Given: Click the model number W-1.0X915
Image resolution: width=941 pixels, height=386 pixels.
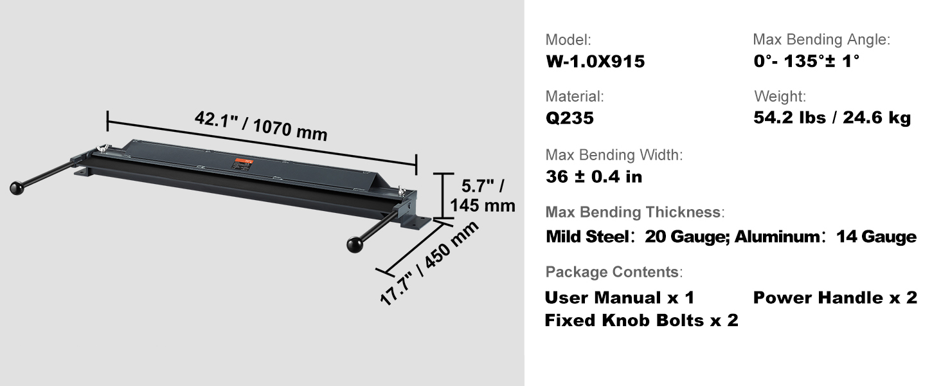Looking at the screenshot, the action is [595, 61].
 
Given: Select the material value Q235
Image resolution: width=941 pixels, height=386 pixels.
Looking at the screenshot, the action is [569, 118].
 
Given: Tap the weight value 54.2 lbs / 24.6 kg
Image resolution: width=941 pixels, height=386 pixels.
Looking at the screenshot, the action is [832, 118].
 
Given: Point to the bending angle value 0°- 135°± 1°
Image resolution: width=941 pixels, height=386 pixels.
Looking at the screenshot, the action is [806, 61].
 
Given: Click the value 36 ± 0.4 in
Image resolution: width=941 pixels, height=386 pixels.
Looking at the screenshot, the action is [593, 177].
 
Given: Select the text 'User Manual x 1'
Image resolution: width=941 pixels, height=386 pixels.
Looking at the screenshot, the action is [619, 298].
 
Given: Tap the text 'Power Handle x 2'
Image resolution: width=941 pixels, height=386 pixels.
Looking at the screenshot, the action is [835, 298].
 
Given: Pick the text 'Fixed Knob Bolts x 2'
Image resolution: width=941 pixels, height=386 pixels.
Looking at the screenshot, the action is [641, 320].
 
